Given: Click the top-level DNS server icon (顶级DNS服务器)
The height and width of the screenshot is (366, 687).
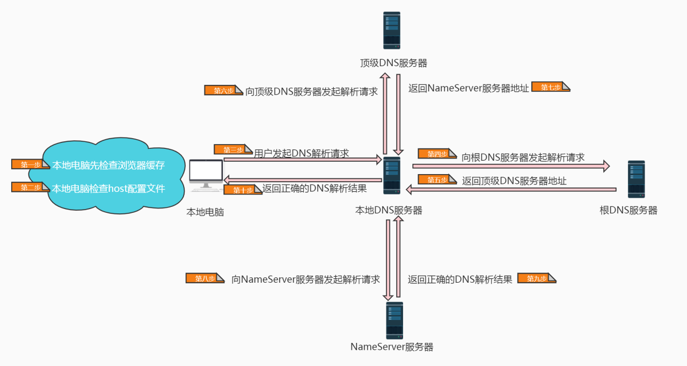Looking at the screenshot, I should [x=392, y=31].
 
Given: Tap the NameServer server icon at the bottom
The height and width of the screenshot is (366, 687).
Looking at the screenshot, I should [x=394, y=320].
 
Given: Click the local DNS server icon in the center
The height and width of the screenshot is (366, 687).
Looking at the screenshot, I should [x=392, y=176].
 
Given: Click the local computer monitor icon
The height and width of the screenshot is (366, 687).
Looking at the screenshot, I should [x=206, y=175].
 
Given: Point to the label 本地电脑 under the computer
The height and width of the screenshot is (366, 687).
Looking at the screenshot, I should [x=205, y=212].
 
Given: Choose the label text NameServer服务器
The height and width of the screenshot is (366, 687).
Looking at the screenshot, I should [x=392, y=347].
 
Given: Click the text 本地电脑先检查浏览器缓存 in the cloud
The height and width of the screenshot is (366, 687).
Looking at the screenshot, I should [x=108, y=165].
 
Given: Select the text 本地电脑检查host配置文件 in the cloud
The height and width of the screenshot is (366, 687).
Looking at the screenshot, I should [x=108, y=189].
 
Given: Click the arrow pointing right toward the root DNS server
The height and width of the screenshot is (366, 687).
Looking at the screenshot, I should [x=510, y=166].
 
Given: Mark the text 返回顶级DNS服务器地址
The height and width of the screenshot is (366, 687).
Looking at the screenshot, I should [x=514, y=181].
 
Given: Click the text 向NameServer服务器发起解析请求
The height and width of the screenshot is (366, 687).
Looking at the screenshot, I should [x=305, y=279].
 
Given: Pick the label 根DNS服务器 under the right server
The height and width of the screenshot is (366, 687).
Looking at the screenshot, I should [x=628, y=211].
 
